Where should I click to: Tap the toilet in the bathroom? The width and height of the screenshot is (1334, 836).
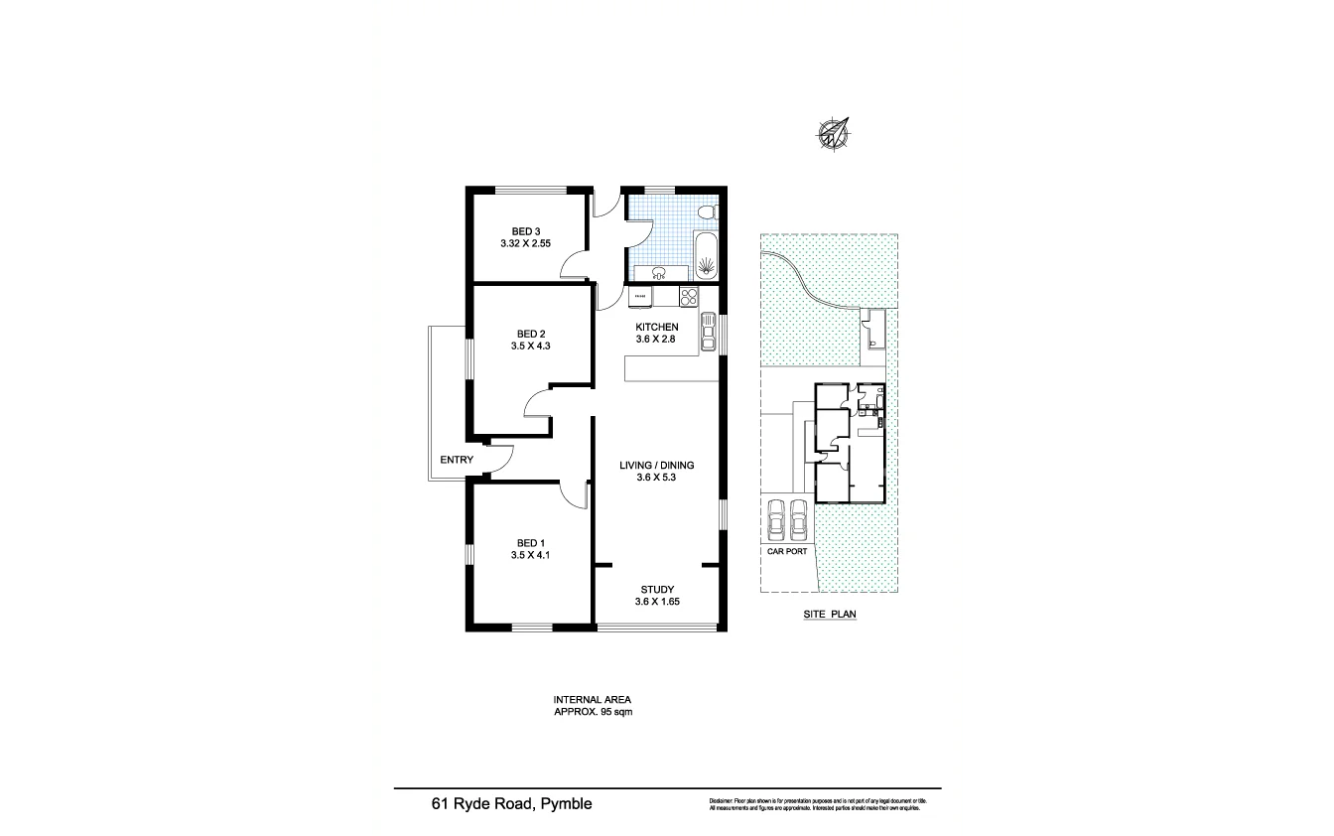[707, 213]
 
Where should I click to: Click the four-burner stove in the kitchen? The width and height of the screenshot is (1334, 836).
[688, 296]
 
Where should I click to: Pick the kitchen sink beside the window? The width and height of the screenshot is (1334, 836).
[708, 332]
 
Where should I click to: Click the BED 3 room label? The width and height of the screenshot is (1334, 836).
[526, 231]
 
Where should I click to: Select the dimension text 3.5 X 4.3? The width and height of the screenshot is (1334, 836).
[530, 347]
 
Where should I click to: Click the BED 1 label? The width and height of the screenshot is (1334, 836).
[530, 543]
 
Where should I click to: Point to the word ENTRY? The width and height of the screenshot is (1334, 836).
[457, 460]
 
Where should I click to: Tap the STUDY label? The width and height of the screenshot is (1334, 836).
[656, 589]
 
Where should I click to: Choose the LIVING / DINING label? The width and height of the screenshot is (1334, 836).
[656, 465]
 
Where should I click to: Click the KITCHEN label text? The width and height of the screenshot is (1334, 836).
[656, 327]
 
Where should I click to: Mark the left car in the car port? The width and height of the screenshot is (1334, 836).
[775, 517]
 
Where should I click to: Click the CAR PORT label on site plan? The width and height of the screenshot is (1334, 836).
[787, 551]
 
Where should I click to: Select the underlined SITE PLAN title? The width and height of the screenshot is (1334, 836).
[829, 615]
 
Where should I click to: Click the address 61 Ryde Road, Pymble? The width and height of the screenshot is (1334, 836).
[511, 804]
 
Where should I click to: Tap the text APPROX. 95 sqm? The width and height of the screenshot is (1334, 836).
[593, 712]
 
